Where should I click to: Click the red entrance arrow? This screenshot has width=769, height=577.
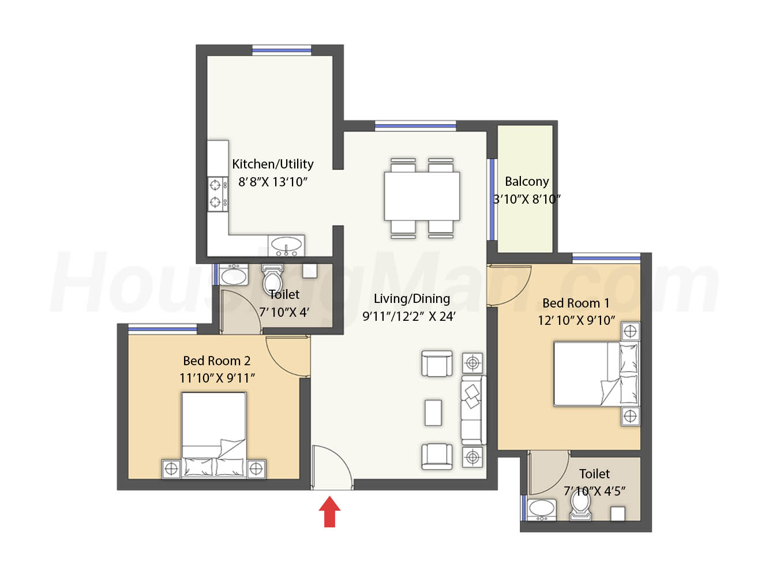[329, 511]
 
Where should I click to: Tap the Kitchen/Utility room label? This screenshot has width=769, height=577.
[272, 164]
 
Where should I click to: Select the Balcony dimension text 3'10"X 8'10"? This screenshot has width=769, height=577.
[527, 199]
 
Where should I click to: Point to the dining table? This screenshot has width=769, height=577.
[422, 196]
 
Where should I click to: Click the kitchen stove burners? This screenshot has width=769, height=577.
[217, 194]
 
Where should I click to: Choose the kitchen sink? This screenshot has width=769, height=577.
[286, 245]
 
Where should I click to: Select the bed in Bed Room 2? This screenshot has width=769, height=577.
[213, 434]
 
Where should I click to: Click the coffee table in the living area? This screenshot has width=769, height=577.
[433, 413]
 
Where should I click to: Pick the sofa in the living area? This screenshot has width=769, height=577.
[473, 410]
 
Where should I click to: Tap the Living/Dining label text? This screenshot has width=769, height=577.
[412, 298]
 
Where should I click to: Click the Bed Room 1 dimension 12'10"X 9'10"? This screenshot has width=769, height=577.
[576, 320]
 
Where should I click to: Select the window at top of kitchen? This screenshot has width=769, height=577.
[282, 50]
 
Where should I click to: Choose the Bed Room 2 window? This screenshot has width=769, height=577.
[163, 329]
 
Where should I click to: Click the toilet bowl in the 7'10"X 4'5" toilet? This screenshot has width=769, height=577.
[580, 504]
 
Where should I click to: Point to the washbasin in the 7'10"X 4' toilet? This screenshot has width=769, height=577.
[234, 275]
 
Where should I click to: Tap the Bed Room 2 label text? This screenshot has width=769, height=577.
[216, 361]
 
